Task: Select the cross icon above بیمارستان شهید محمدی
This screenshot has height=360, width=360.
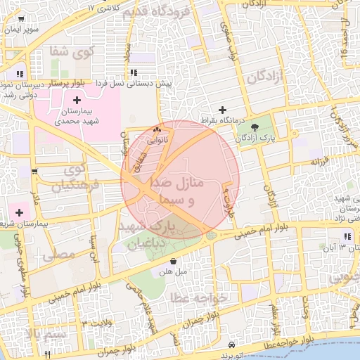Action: coord(77,101)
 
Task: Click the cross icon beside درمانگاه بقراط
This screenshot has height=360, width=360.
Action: coord(223,110)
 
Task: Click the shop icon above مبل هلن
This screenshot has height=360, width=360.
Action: coord(173,261)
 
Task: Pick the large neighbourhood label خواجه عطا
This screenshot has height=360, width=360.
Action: coord(199,299)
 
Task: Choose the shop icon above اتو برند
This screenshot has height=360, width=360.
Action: coord(231,345)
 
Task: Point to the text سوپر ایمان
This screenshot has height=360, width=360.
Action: coord(23,30)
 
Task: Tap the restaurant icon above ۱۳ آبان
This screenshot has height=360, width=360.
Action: coord(347,237)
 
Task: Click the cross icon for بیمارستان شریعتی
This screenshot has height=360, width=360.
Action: coord(19,212)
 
